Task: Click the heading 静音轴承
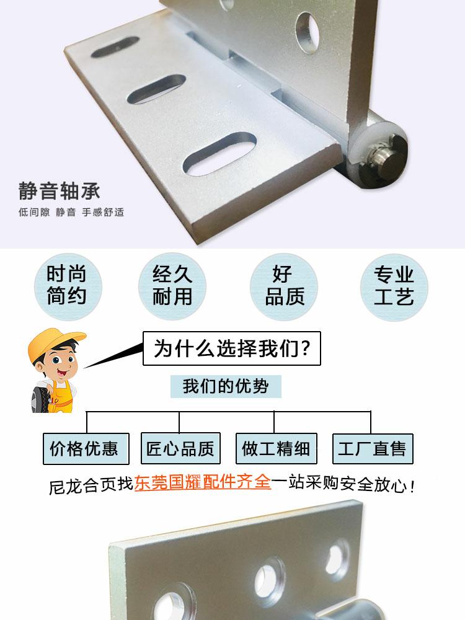59,190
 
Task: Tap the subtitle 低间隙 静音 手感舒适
71,212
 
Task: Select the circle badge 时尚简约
66,285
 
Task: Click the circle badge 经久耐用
172,285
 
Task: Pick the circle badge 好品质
284,285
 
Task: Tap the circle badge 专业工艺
394,285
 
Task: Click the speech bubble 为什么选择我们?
232,348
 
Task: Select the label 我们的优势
226,386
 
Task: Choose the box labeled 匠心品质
180,448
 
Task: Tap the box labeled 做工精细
276,448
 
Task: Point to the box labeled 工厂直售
372,448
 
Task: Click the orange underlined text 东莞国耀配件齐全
203,482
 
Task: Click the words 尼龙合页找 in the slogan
91,484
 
